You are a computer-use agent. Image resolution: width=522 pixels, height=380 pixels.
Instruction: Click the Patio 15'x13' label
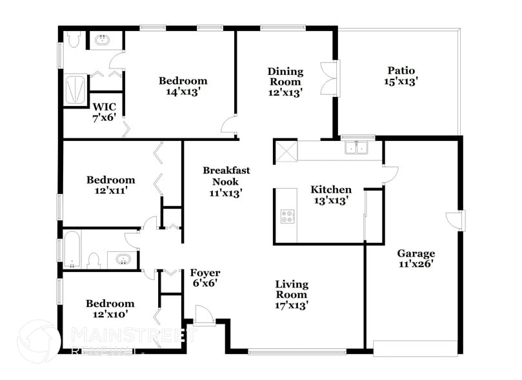point(401,76)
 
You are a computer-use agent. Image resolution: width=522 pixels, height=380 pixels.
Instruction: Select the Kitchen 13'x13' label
point(331,195)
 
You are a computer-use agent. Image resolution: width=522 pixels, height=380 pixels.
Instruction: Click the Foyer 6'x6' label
point(205,278)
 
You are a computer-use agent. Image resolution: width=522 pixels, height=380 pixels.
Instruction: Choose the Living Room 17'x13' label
point(292,294)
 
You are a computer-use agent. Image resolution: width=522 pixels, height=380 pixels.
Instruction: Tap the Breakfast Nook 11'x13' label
point(225,181)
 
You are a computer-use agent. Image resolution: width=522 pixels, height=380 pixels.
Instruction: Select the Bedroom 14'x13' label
point(183,87)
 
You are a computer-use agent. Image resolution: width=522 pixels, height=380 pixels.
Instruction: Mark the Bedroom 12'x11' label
point(111,186)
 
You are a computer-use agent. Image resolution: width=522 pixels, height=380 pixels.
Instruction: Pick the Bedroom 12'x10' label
point(110,309)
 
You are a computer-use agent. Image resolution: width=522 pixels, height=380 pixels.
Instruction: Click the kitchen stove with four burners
point(287,217)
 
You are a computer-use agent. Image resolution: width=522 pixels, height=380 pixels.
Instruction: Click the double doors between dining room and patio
point(328,77)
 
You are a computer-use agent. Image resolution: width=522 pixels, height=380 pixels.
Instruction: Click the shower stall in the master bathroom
point(76,90)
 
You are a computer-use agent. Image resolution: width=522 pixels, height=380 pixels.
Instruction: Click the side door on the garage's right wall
point(456,220)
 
